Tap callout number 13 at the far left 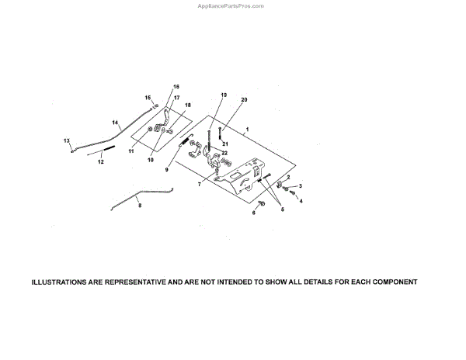pos(67,140)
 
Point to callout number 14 pos(115,123)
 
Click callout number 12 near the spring pos(100,163)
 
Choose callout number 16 pos(176,86)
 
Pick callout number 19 pos(223,95)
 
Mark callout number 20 pos(244,100)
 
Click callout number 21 pos(225,144)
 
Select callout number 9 pos(168,164)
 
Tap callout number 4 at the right pos(301,201)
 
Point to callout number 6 pos(253,213)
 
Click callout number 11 pos(132,151)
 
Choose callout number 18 pos(187,105)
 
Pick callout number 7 pos(199,185)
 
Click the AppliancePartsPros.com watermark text pos(232,5)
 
